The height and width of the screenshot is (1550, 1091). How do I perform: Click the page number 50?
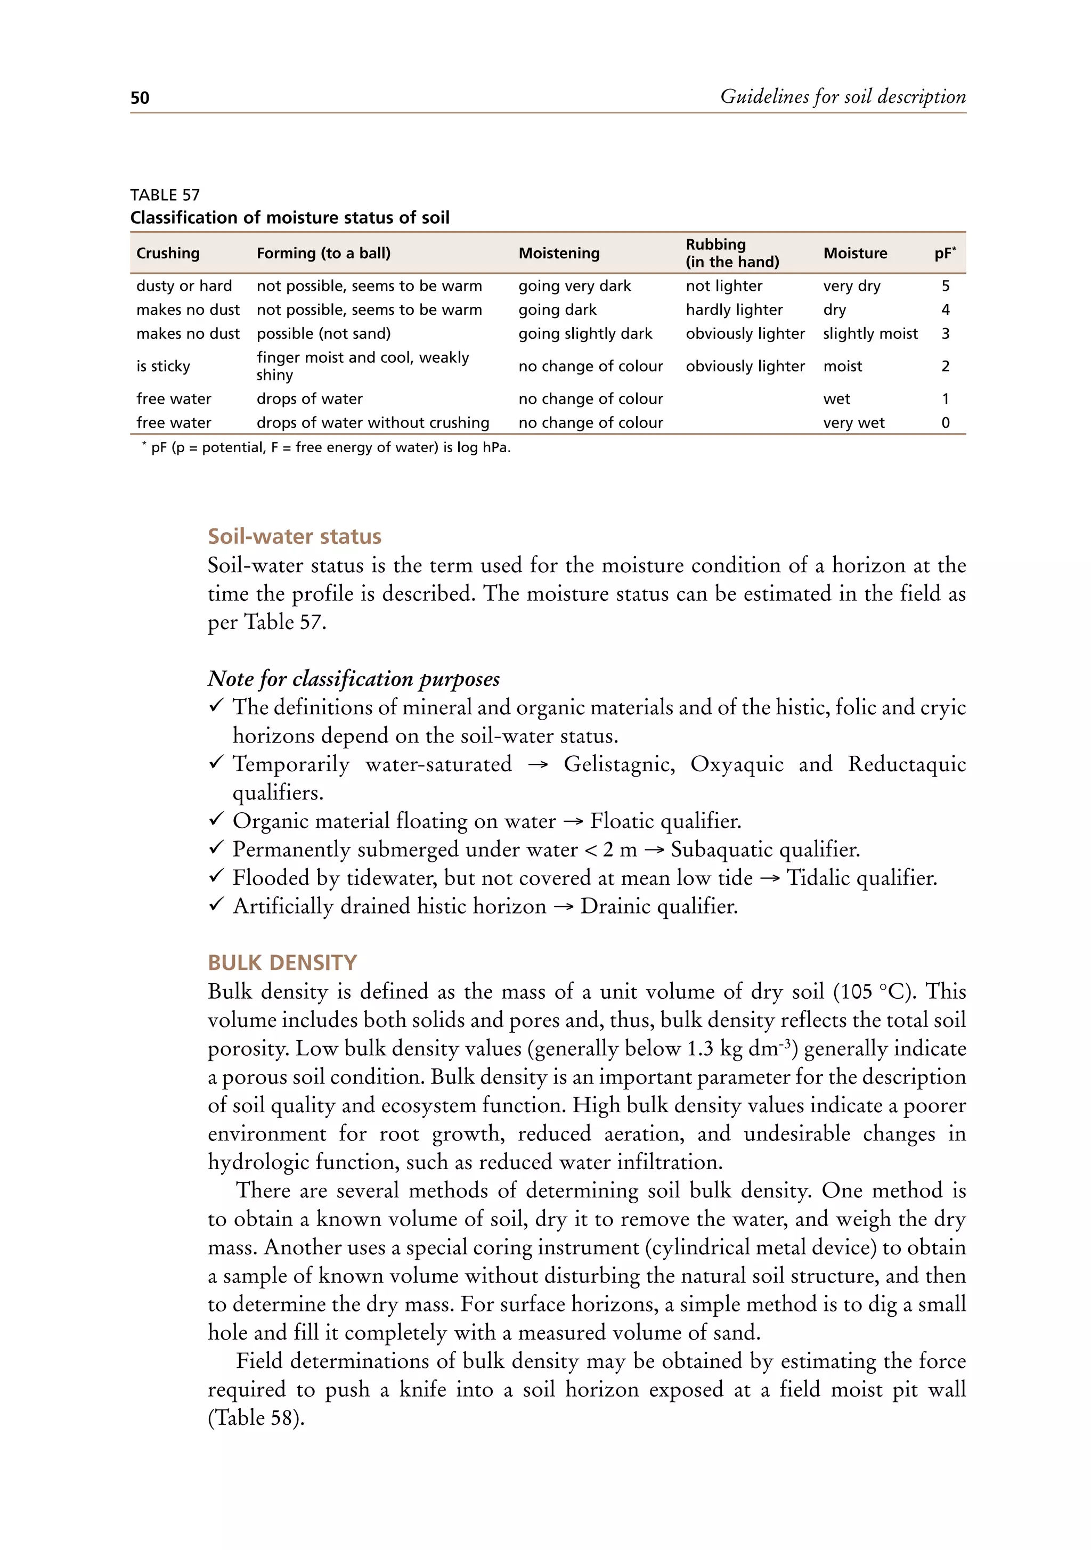(140, 98)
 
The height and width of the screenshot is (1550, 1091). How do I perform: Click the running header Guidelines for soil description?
(843, 96)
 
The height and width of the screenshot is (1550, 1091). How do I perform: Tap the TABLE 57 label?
(165, 195)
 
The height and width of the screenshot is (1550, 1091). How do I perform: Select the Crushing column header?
(168, 253)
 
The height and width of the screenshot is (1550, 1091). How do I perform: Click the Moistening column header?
(558, 253)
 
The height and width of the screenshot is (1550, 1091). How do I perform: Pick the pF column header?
(945, 253)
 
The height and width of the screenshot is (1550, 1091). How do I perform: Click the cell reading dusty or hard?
(184, 285)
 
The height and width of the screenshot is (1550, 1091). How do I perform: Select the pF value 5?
(945, 285)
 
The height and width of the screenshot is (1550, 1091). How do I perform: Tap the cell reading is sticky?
(164, 366)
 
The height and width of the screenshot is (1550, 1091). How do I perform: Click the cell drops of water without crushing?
(373, 422)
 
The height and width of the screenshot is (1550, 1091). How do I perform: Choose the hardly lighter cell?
(734, 310)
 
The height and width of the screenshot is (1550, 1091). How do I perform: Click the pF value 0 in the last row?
(945, 422)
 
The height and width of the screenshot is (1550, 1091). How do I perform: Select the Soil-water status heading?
(295, 536)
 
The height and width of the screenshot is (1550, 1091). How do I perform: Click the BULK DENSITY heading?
(282, 962)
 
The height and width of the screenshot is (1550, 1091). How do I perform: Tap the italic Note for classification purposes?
(354, 679)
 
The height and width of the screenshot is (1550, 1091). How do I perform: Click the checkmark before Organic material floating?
(216, 820)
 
